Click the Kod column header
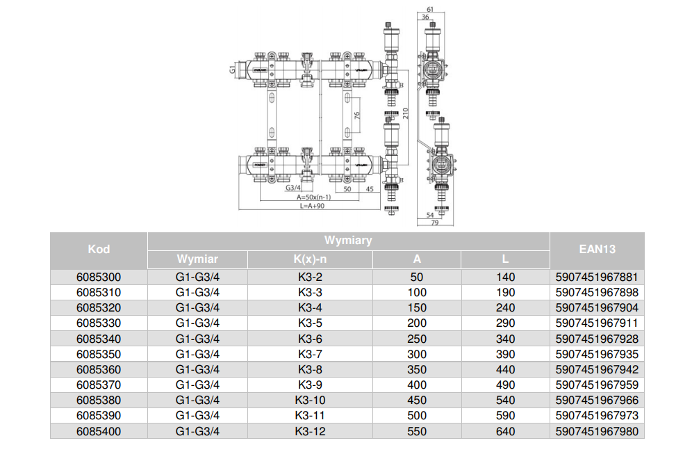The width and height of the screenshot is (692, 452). point(99,250)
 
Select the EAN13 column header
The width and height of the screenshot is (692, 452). point(597,250)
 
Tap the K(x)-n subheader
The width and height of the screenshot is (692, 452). point(310,259)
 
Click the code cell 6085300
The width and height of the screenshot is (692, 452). point(99,277)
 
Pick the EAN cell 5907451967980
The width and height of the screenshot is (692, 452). point(597,431)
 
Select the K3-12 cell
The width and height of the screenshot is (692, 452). point(310,431)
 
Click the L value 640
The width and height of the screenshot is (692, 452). point(505,431)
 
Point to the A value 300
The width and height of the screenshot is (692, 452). point(417,354)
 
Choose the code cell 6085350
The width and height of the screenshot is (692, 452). point(99,354)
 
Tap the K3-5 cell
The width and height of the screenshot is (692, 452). point(310,323)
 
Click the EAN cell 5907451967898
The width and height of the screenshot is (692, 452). point(597,292)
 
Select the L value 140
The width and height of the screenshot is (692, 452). point(505,277)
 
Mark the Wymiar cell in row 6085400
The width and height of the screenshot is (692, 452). point(197,431)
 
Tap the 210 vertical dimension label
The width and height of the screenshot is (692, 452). point(405,113)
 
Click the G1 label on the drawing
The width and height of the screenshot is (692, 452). point(232,70)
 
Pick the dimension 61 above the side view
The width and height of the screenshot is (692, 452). point(430,9)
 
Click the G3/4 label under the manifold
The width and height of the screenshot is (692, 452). point(293,188)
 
